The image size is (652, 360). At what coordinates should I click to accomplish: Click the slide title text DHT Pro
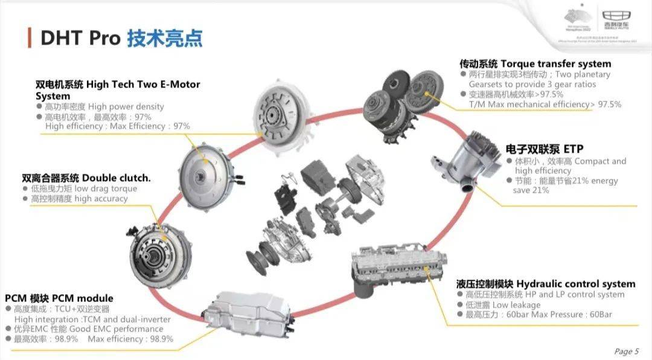80,37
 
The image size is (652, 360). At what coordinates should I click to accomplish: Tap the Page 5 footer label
626,352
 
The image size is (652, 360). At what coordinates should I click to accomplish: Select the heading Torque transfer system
555,64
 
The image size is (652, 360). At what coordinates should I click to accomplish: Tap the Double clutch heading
116,178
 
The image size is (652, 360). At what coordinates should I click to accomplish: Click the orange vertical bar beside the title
29,37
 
